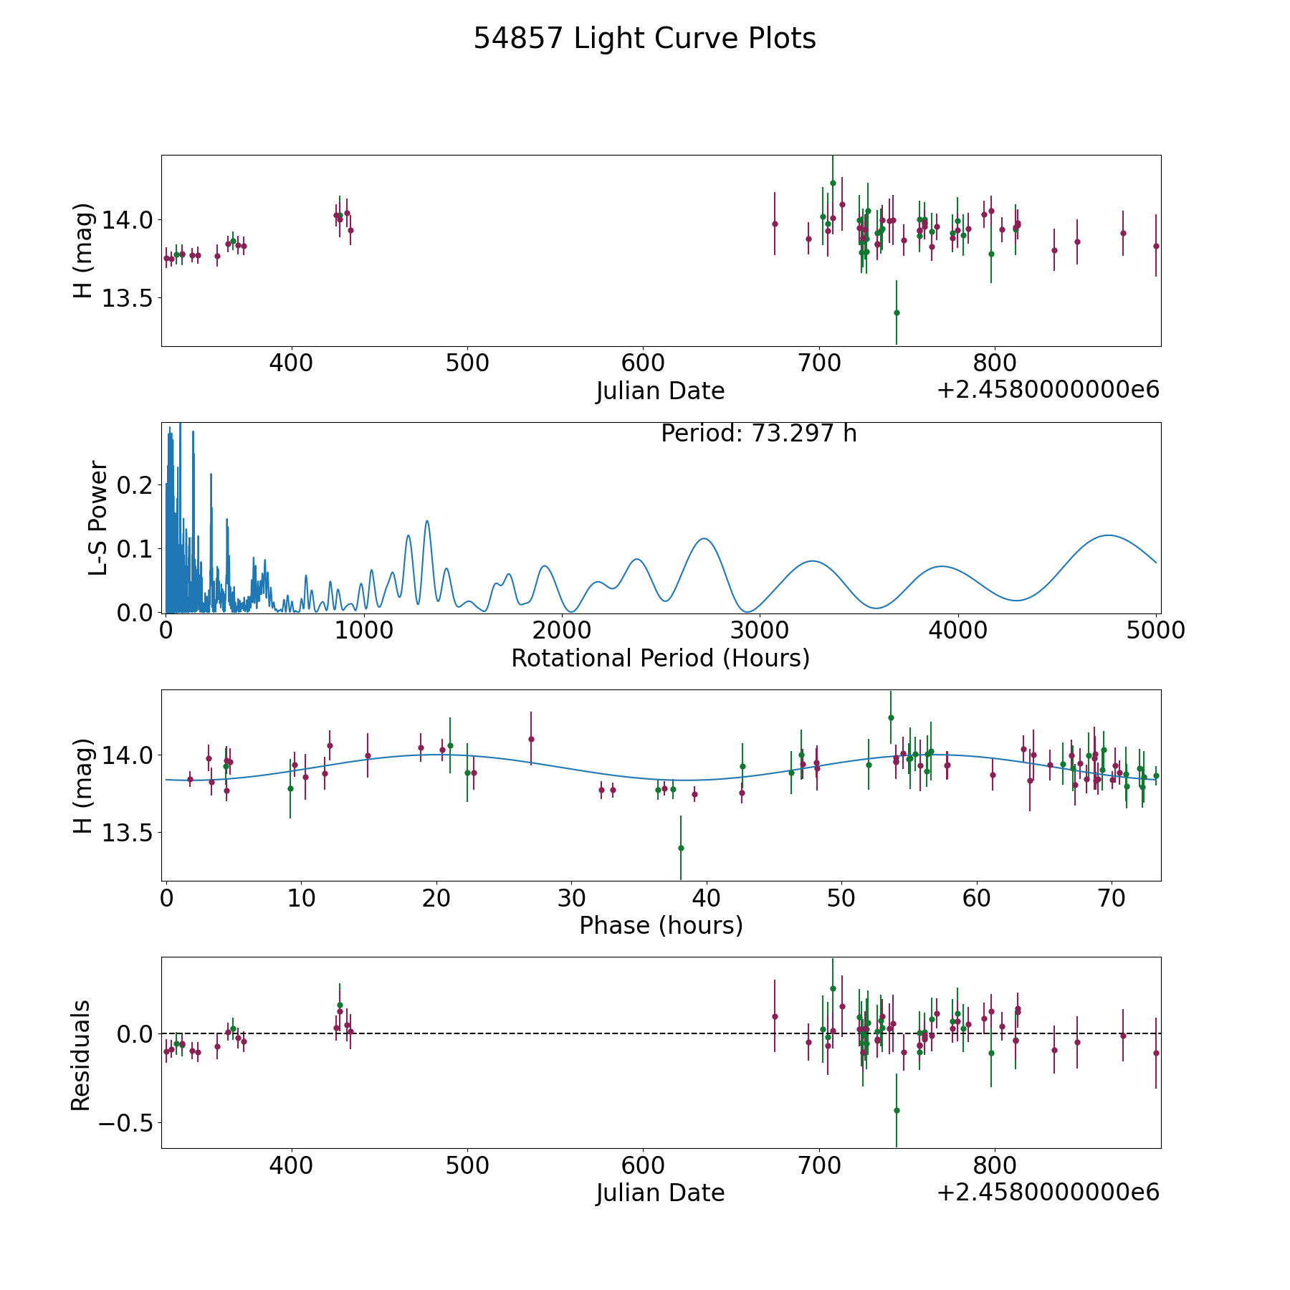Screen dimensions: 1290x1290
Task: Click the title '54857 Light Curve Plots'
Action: point(644,39)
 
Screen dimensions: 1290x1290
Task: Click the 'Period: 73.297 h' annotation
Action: point(759,434)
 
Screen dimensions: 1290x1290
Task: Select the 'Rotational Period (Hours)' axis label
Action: point(660,658)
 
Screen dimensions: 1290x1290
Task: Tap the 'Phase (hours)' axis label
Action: point(661,926)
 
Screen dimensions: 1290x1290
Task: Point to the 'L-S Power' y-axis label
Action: point(99,517)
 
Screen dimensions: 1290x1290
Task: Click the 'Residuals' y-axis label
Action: point(81,1055)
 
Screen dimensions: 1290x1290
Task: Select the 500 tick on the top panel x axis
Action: point(467,363)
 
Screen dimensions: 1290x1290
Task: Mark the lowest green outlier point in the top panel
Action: point(897,312)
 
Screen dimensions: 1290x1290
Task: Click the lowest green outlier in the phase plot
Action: point(681,848)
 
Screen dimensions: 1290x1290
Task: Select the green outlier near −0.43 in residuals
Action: point(897,1110)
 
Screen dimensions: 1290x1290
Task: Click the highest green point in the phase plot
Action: point(891,717)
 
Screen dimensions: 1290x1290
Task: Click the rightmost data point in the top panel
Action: point(1156,246)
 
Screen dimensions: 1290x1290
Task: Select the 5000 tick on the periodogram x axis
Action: point(1156,631)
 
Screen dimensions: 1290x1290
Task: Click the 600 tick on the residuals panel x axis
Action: point(643,1165)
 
